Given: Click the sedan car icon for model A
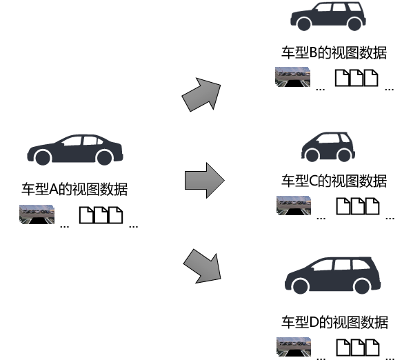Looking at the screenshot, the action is click(75, 150).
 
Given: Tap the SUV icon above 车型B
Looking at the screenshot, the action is click(328, 17).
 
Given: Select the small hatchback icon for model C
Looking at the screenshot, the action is click(328, 147).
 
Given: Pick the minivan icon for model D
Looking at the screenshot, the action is click(332, 275).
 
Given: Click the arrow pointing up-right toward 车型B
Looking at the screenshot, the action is click(202, 94).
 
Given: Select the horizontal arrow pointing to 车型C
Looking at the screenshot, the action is click(205, 180).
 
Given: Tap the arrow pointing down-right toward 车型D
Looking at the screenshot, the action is click(203, 267).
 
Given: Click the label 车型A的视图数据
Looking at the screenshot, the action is click(74, 189).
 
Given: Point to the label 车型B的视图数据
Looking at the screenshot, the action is click(334, 53).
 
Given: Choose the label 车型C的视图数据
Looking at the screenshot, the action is click(334, 181).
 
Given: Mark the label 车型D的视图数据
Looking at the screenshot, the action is click(334, 322).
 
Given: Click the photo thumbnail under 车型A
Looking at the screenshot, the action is click(37, 214).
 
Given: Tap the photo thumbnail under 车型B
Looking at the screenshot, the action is click(292, 77).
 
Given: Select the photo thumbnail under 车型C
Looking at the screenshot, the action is click(294, 206).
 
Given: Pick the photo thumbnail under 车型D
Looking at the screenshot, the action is click(294, 347).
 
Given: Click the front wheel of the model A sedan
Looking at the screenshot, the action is click(43, 157).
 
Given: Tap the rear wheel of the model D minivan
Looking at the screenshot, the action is click(362, 286).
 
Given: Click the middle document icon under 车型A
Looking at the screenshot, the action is click(101, 215).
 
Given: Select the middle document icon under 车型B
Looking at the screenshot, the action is click(356, 78).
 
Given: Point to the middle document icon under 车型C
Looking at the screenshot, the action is click(358, 206).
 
